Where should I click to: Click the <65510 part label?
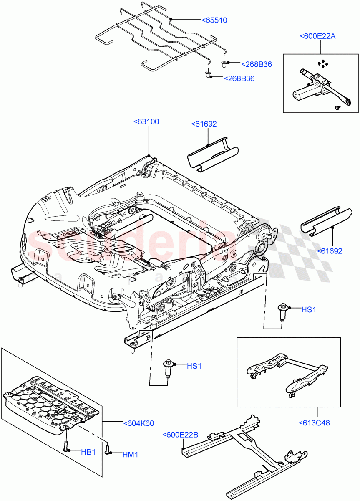click(214, 20)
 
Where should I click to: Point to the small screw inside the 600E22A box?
click(337, 108)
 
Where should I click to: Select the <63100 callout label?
click(146, 122)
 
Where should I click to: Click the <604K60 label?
click(138, 423)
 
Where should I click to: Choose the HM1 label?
click(130, 455)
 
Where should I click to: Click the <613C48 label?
click(314, 423)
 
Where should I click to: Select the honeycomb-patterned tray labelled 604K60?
click(50, 401)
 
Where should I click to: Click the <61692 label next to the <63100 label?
click(204, 124)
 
